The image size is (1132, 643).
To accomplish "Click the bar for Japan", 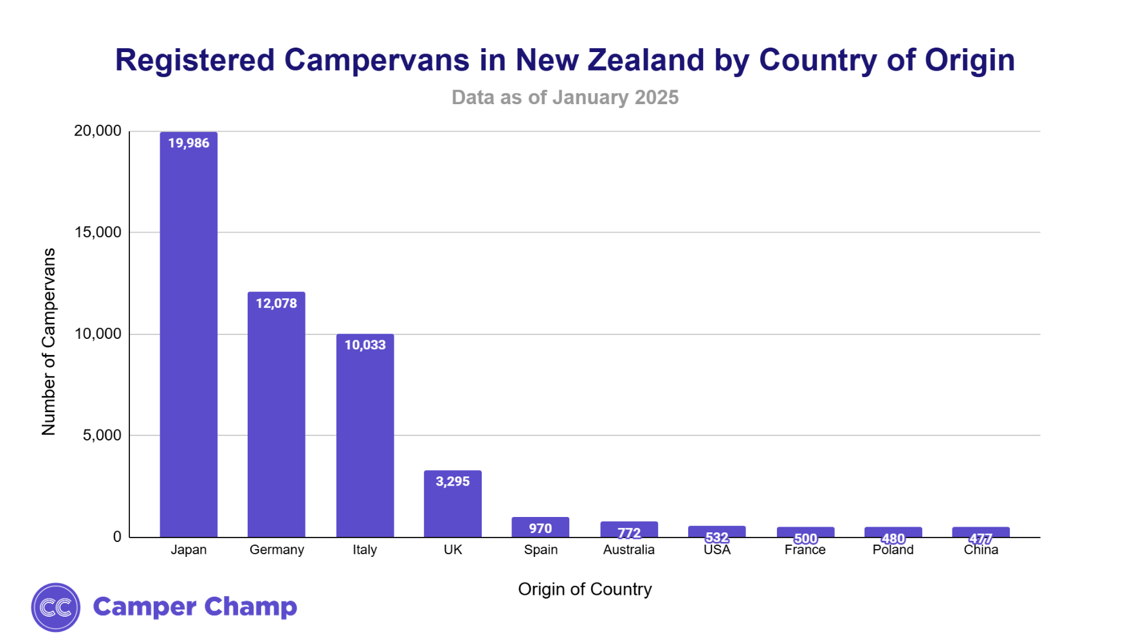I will coord(188,334).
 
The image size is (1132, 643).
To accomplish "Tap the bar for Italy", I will coord(365,437).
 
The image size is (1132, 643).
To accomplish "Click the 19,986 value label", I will coord(188,143).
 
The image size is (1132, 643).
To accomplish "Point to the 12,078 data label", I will coord(277,303).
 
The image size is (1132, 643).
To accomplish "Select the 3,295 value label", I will coord(453,481).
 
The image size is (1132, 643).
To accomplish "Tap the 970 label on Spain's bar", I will coord(540,528).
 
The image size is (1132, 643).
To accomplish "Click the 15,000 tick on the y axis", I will coord(98,232).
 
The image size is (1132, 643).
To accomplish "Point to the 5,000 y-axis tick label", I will coord(102,435).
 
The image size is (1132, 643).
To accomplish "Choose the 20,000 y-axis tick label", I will coord(98,131).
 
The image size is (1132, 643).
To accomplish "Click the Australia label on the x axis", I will coord(628,550).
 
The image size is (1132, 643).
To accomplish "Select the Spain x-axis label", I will coord(540,550).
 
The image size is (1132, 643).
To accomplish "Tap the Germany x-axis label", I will coord(277,550).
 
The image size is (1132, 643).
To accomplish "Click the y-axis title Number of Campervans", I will coord(49,341).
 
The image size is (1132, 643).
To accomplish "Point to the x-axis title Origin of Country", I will coord(585,589).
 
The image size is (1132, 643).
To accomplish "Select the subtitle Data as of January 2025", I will coord(565,97).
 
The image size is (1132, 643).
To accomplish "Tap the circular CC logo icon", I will coord(56,607).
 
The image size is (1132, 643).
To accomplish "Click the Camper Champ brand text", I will coord(195,606).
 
